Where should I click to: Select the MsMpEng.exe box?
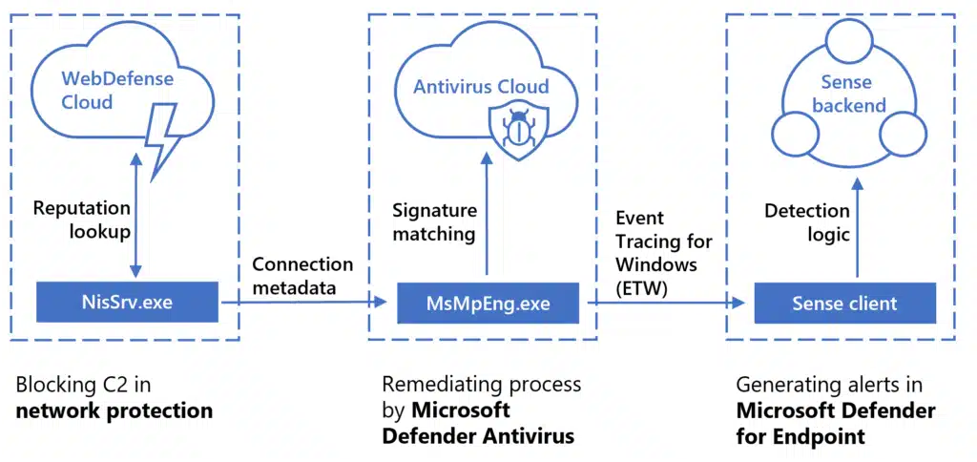coord(488,304)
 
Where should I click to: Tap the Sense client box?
coord(844,304)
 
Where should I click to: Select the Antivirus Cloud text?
coord(481,87)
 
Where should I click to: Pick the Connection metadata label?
coord(301,275)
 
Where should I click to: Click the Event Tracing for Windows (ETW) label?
coord(656,253)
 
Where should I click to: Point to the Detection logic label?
coord(806,220)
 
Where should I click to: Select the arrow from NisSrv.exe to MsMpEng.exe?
coord(303,303)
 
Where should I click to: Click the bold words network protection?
coord(114,411)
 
